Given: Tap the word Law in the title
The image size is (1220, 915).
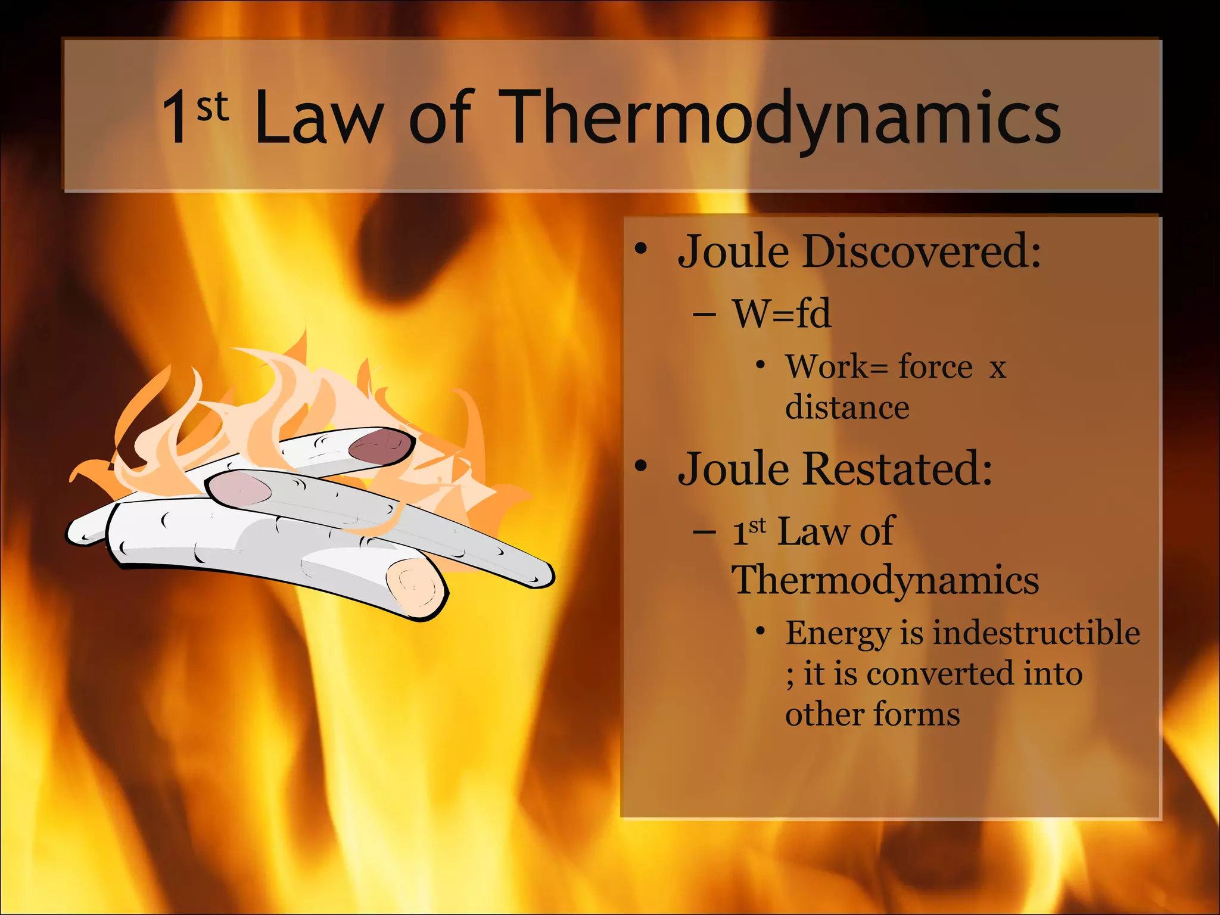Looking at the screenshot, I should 319,117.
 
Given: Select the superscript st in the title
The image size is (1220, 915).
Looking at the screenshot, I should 213,107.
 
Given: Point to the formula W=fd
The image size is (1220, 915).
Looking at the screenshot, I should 782,313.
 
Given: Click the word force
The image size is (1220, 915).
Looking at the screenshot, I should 935,366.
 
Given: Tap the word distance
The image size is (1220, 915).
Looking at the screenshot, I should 847,408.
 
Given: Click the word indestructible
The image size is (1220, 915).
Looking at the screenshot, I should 1036,632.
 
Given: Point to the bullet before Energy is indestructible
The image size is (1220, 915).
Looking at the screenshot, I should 760,630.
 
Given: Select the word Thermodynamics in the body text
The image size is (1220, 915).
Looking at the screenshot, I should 885,580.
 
